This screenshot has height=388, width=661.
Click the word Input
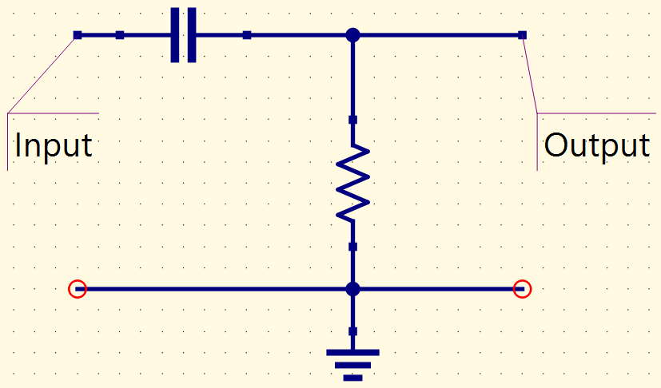[x=53, y=146]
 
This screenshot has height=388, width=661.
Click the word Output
[x=596, y=146]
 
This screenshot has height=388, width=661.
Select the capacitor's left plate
[x=175, y=35]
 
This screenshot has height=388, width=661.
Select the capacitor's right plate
[x=191, y=35]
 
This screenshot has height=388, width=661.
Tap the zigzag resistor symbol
[x=352, y=184]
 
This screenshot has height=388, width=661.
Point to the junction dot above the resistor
[x=352, y=35]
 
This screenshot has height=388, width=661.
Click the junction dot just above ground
[x=352, y=289]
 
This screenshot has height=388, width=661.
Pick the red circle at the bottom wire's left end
[x=78, y=289]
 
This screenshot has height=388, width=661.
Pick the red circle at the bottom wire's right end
[x=522, y=289]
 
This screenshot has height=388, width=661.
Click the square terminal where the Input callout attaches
[x=78, y=35]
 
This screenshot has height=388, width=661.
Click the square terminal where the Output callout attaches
[x=522, y=35]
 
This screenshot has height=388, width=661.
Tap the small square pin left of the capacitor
[x=120, y=35]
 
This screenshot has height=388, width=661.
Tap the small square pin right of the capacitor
[x=247, y=35]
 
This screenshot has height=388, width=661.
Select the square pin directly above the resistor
[x=352, y=120]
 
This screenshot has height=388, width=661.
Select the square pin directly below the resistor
[x=352, y=247]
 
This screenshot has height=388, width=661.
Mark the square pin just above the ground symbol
[x=352, y=331]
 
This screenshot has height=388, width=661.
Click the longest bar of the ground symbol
[x=352, y=353]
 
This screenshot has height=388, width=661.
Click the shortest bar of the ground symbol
[x=352, y=378]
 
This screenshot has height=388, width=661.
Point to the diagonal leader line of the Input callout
[x=42, y=74]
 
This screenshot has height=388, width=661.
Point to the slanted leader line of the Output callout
[x=530, y=74]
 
